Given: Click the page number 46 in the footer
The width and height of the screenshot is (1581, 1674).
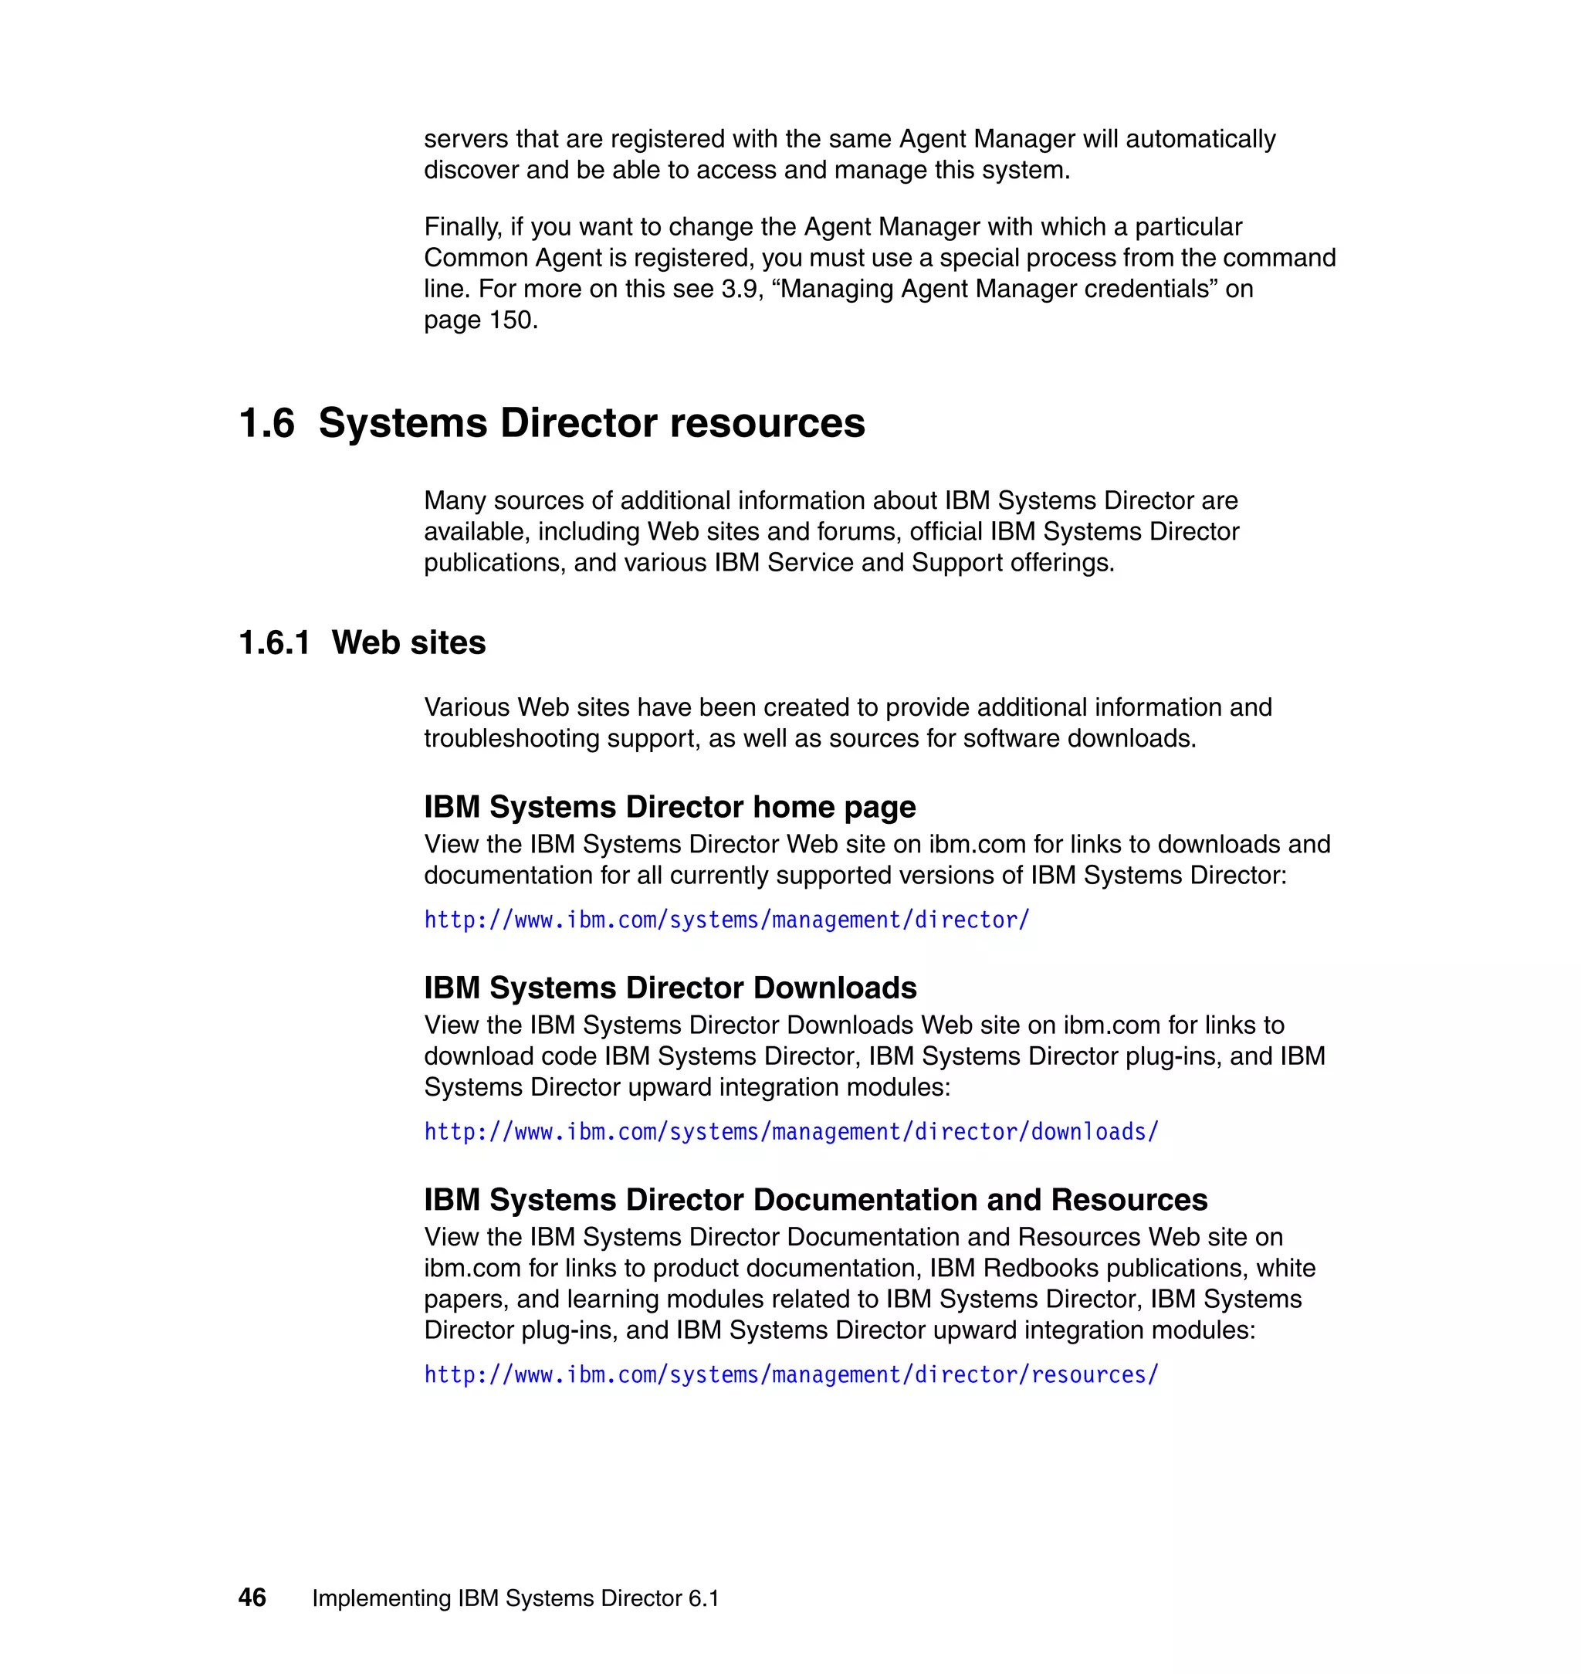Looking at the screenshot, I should pos(252,1598).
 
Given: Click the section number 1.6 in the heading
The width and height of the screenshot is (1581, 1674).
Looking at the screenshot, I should pos(266,422).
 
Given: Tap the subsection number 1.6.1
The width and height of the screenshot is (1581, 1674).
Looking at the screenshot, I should pos(274,642).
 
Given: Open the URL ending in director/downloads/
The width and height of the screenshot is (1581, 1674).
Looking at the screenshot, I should pos(790,1131).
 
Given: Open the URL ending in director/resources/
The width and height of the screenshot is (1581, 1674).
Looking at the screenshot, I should pos(790,1374).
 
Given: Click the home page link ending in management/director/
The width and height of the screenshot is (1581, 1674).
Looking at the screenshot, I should pos(726,920).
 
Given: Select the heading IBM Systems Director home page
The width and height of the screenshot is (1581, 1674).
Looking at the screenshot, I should pos(669,807).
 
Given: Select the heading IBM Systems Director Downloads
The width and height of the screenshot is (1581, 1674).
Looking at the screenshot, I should pos(670,987).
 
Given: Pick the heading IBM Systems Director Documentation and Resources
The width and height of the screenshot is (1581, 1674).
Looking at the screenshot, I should pos(815,1198).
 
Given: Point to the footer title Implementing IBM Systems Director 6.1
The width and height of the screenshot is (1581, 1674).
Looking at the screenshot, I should pos(515,1598).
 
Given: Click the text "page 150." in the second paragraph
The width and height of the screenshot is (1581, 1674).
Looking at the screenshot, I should pos(480,320).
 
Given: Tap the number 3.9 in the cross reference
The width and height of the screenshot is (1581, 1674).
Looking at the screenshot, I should pos(742,289).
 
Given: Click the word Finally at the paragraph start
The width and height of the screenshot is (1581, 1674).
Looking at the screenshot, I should pos(462,227).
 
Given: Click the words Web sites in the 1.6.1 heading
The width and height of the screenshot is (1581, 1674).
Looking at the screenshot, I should pos(408,642).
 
